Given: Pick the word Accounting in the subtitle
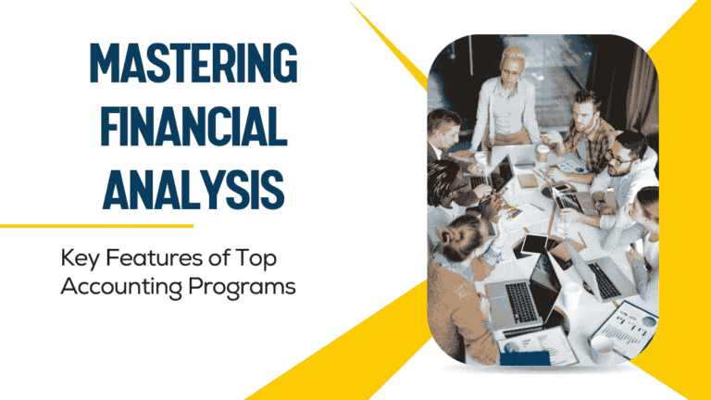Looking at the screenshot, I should click(x=111, y=286).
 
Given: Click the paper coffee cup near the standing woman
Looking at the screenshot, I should click(x=543, y=154).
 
